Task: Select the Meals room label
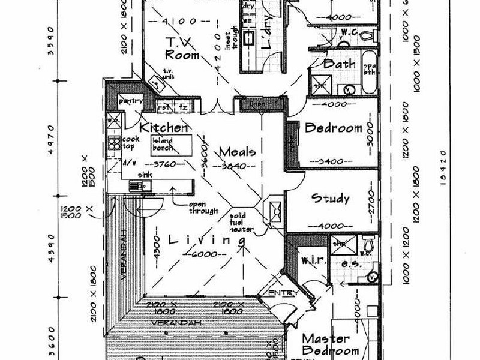238,151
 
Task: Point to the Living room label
208,241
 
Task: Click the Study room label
329,199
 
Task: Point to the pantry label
130,101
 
